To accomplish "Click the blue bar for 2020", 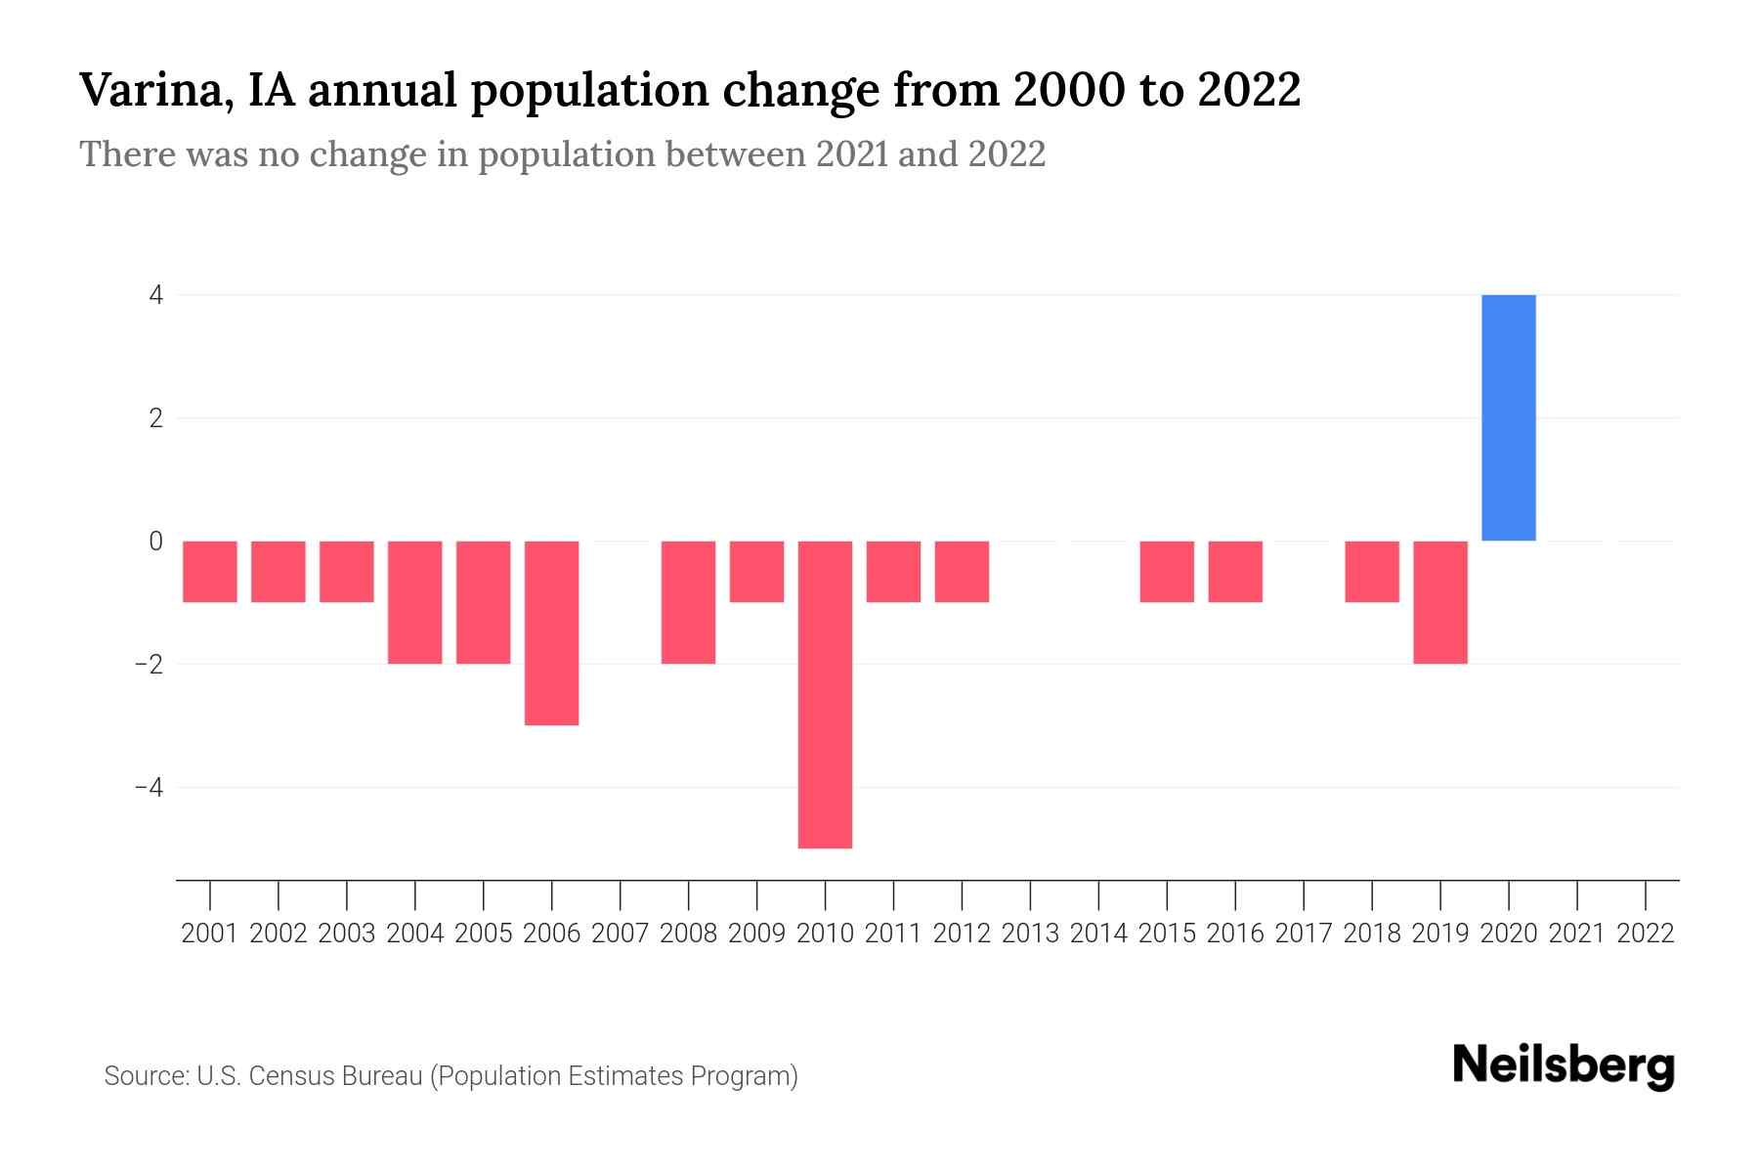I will point(1508,417).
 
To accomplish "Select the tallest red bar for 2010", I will point(825,694).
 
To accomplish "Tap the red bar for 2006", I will point(551,632).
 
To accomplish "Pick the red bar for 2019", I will point(1439,602).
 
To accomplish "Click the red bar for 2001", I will point(210,572).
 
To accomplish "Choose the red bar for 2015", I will point(1166,572).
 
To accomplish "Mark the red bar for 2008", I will point(688,602).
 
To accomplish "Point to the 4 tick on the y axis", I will point(155,295).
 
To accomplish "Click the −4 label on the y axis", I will point(149,787).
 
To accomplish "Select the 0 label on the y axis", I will point(155,541).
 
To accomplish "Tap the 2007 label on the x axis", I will point(620,934).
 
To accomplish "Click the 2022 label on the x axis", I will point(1645,934).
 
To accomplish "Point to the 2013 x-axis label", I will point(1029,934).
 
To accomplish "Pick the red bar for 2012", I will point(961,572).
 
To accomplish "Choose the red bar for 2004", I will point(414,602).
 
